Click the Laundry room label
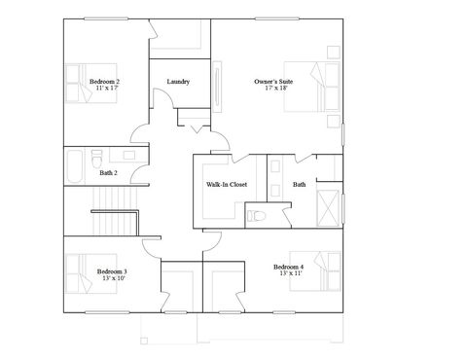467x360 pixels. [x=178, y=82]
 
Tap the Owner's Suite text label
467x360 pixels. [x=272, y=82]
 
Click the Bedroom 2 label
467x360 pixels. [x=104, y=82]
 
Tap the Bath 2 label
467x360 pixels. [x=108, y=172]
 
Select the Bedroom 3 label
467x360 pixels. [x=112, y=271]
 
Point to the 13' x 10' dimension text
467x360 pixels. [x=112, y=278]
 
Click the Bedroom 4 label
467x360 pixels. [x=288, y=267]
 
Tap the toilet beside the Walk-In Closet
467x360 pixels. [x=255, y=216]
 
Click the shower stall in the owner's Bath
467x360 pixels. [x=330, y=207]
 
